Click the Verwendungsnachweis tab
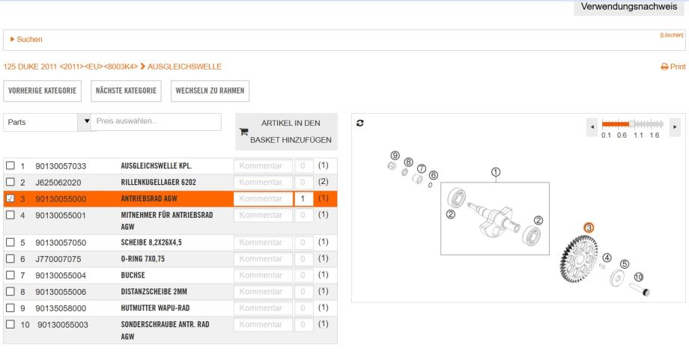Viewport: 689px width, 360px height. click(x=629, y=7)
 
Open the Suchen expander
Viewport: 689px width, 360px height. click(x=26, y=40)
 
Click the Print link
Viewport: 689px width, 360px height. click(x=673, y=67)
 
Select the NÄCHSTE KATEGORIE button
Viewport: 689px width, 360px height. click(x=126, y=91)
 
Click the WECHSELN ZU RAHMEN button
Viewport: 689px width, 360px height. click(x=210, y=91)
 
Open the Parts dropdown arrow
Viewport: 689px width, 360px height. click(x=87, y=121)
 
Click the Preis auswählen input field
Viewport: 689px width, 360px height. click(x=156, y=121)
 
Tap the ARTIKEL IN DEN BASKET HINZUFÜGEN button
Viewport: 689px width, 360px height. click(x=287, y=132)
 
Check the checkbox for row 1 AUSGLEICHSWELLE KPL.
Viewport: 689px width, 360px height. click(x=10, y=165)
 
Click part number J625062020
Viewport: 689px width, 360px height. click(x=58, y=182)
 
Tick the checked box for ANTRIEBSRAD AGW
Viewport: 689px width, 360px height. click(x=10, y=198)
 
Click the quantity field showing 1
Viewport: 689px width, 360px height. click(x=303, y=198)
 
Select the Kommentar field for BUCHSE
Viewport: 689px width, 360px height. click(x=263, y=275)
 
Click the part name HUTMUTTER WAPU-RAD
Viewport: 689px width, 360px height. click(x=155, y=308)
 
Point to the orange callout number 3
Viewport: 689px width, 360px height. click(x=589, y=228)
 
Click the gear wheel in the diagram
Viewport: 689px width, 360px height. click(x=579, y=258)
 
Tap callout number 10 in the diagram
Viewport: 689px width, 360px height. click(x=639, y=277)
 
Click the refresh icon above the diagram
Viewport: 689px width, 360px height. click(x=360, y=123)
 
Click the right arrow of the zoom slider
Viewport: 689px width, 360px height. click(x=675, y=127)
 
